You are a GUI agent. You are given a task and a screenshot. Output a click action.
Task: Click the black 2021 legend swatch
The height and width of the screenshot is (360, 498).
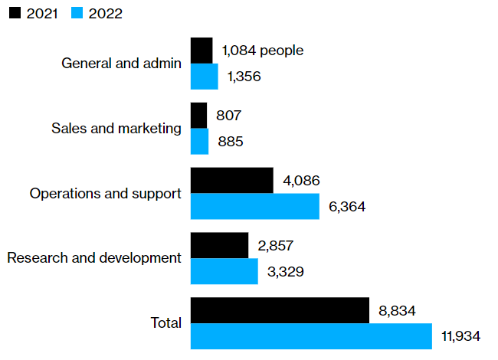[x=14, y=13]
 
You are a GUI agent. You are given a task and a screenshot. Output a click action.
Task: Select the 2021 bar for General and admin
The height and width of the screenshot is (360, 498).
[x=201, y=50]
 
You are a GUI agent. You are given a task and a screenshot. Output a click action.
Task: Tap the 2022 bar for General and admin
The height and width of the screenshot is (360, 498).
[x=204, y=76]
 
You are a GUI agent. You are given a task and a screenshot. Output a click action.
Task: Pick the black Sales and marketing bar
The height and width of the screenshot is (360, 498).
[x=198, y=115]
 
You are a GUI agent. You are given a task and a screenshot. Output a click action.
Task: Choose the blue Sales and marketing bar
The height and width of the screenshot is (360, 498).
[x=199, y=141]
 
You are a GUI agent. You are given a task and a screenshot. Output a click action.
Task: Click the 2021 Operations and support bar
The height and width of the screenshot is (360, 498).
[x=231, y=180]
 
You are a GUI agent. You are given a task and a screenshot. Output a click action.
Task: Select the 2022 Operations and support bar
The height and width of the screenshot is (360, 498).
[x=254, y=206]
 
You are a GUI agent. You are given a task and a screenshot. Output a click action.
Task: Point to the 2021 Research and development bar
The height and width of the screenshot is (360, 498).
[x=219, y=245]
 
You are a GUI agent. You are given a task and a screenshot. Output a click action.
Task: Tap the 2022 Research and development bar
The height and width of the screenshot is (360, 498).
[x=224, y=271]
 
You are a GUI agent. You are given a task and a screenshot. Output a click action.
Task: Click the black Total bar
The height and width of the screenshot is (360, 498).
[x=280, y=310]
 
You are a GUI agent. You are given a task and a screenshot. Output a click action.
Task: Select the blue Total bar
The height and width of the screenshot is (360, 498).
[x=311, y=336]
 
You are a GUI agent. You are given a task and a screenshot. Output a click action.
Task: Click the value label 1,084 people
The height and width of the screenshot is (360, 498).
[x=263, y=51]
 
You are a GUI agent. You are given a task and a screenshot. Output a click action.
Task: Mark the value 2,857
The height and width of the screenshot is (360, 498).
[x=276, y=246]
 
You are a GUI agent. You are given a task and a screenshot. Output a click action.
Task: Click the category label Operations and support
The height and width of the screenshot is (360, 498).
[x=106, y=193]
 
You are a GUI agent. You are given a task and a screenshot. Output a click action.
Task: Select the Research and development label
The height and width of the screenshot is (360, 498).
[x=94, y=258]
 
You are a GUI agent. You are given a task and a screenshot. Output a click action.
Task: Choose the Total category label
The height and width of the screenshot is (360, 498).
[x=166, y=323]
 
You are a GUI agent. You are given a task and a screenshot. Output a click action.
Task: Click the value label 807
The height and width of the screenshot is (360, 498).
[x=229, y=116]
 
